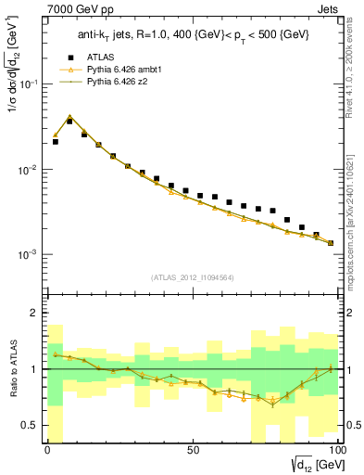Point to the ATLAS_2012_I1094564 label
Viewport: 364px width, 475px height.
[x=192, y=276]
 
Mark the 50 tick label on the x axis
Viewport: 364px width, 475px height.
[x=192, y=449]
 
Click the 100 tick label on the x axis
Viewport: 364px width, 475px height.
[x=336, y=449]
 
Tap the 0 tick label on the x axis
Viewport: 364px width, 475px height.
[x=47, y=449]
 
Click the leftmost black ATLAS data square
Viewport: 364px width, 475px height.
[x=55, y=142]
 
